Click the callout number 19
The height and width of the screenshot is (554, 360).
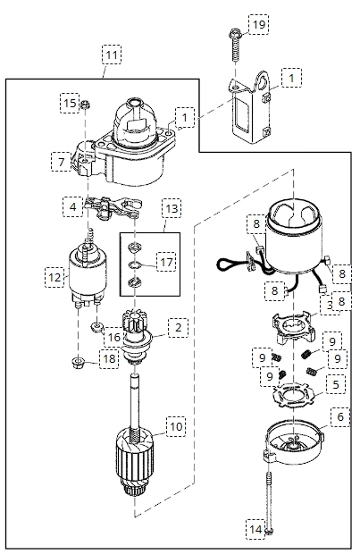point(259,24)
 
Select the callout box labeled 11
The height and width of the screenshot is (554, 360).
point(112,55)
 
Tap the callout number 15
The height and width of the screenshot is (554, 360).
point(70,103)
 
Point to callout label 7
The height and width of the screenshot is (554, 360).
point(61,162)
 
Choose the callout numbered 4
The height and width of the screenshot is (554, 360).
point(72,206)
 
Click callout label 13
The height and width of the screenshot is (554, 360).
point(172,208)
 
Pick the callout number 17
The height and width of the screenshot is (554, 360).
point(166,262)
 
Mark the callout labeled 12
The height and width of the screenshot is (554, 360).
point(54,277)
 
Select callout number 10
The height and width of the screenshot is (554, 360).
point(176,426)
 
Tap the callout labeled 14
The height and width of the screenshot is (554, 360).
point(255,529)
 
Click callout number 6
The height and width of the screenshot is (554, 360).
point(340,416)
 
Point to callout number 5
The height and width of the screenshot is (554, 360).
point(337,384)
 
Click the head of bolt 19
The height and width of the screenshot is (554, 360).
point(234,34)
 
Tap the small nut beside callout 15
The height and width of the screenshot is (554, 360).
point(85,105)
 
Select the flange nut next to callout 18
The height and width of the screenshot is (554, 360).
point(77,362)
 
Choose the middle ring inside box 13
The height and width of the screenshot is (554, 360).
point(134,264)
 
